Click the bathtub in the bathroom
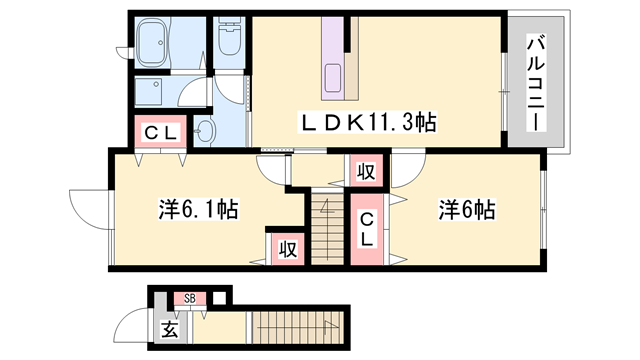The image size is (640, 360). (163, 41)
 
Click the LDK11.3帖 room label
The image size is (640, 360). (370, 122)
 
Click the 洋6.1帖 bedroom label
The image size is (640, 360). (197, 210)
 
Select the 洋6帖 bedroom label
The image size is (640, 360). (467, 210)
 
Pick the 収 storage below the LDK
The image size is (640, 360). (366, 171)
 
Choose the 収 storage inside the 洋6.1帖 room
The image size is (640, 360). (286, 247)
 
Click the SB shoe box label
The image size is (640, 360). (189, 298)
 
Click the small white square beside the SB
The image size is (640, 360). (219, 296)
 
